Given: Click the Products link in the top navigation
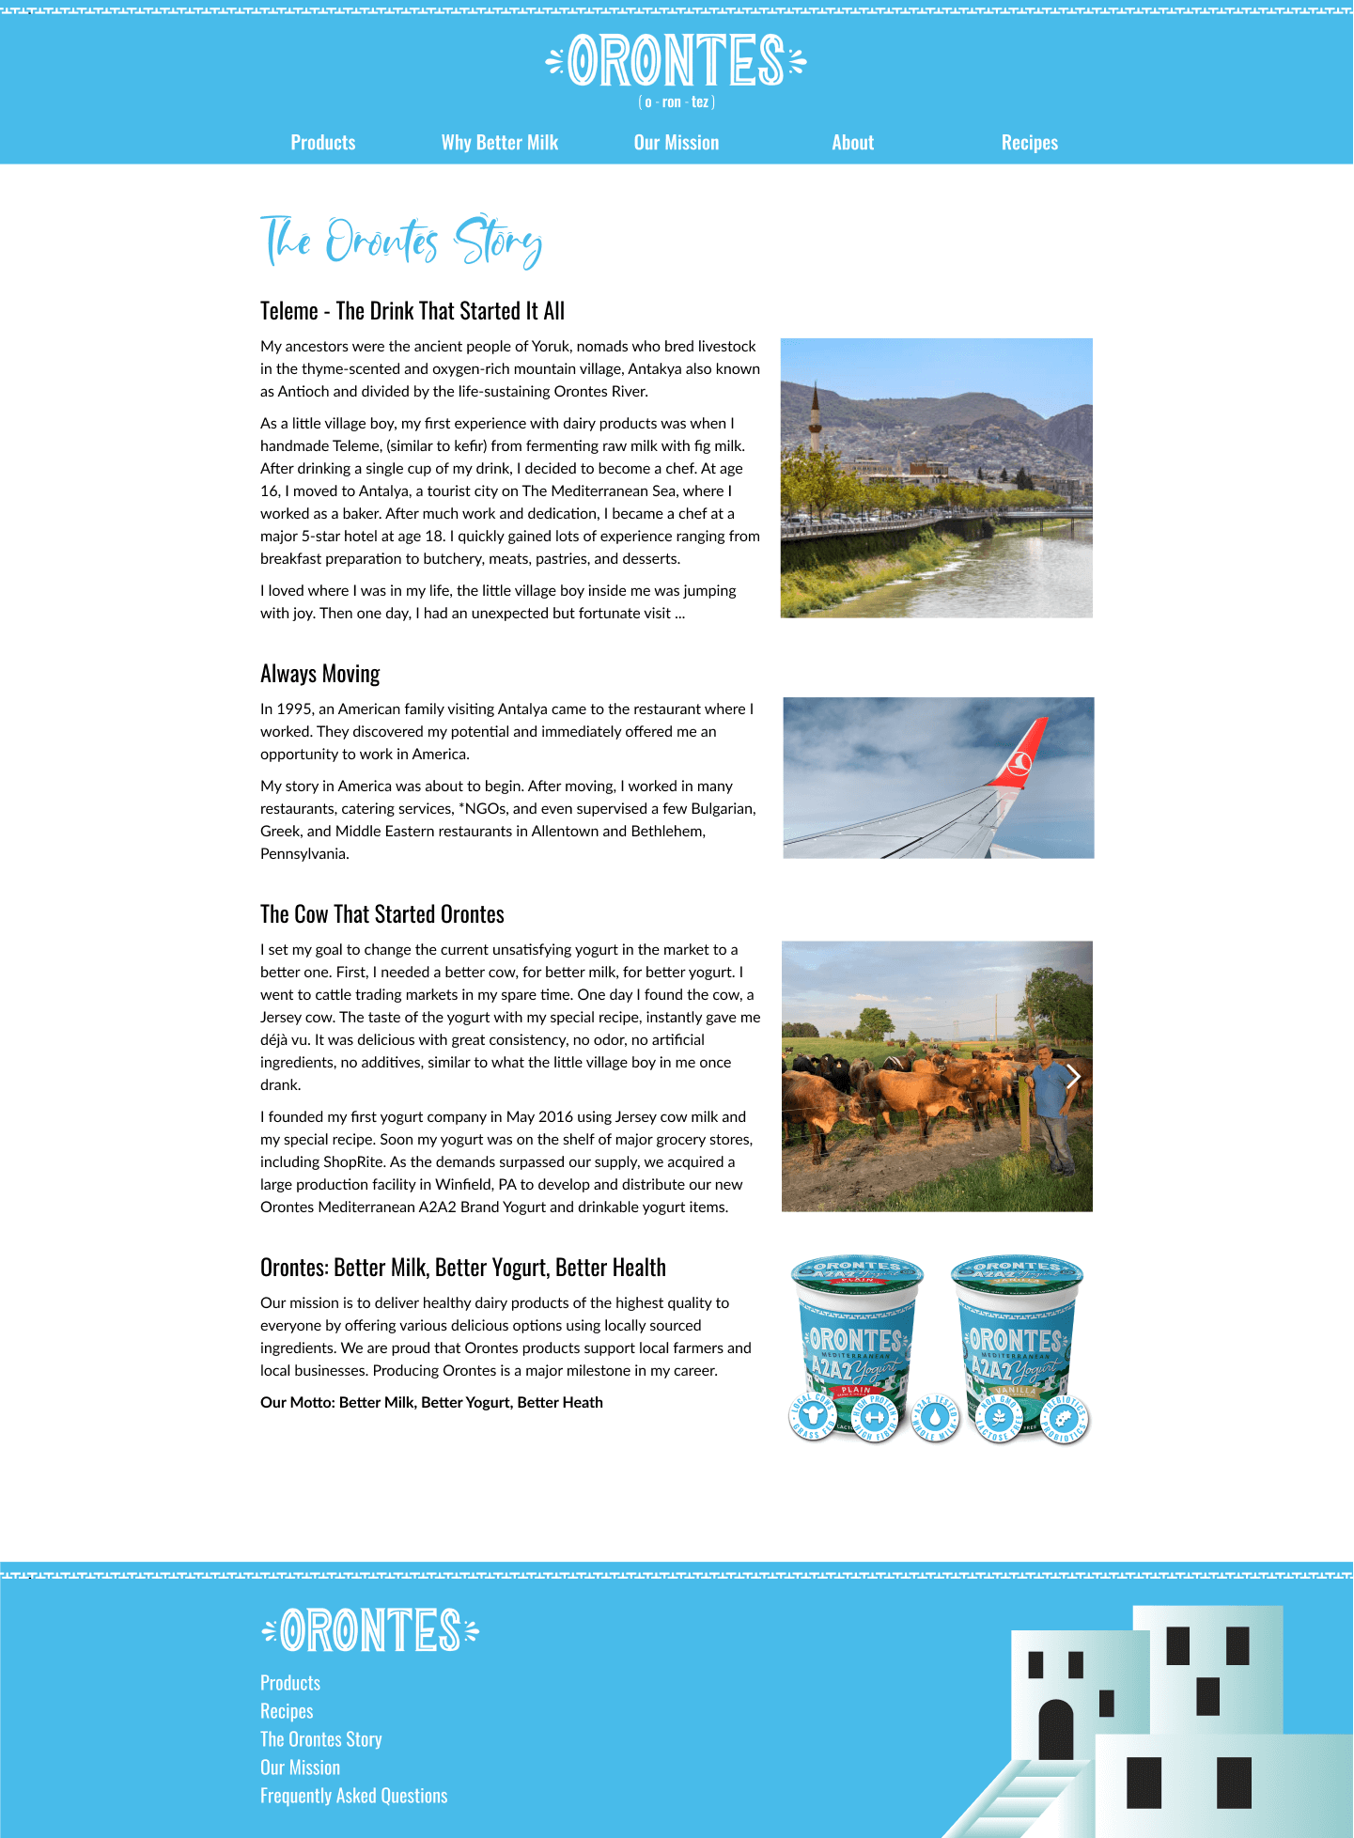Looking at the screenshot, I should click(322, 143).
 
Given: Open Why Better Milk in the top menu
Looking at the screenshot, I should click(499, 143).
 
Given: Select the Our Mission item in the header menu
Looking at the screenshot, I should click(676, 143).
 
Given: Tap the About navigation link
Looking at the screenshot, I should click(852, 143).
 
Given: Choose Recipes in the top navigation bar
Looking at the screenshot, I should click(1029, 143).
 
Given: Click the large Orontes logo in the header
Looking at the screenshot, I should click(676, 60).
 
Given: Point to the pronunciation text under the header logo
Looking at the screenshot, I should click(676, 102).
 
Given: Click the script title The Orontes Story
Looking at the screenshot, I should click(401, 241).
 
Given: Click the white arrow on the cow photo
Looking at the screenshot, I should click(1073, 1076).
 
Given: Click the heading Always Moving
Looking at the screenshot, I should click(320, 674).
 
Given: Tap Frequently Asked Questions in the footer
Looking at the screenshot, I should click(353, 1796).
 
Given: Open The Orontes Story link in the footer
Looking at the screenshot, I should click(320, 1739).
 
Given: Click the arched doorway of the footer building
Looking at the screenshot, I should click(1055, 1730).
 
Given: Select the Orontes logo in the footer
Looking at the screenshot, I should click(370, 1630).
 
